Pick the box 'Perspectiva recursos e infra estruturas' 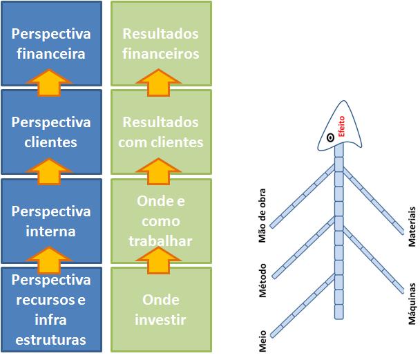[51, 310]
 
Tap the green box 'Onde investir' [160, 310]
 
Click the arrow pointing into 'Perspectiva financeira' [51, 83]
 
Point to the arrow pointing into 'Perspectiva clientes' [51, 171]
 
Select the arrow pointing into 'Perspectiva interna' [51, 260]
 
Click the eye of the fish [331, 138]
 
